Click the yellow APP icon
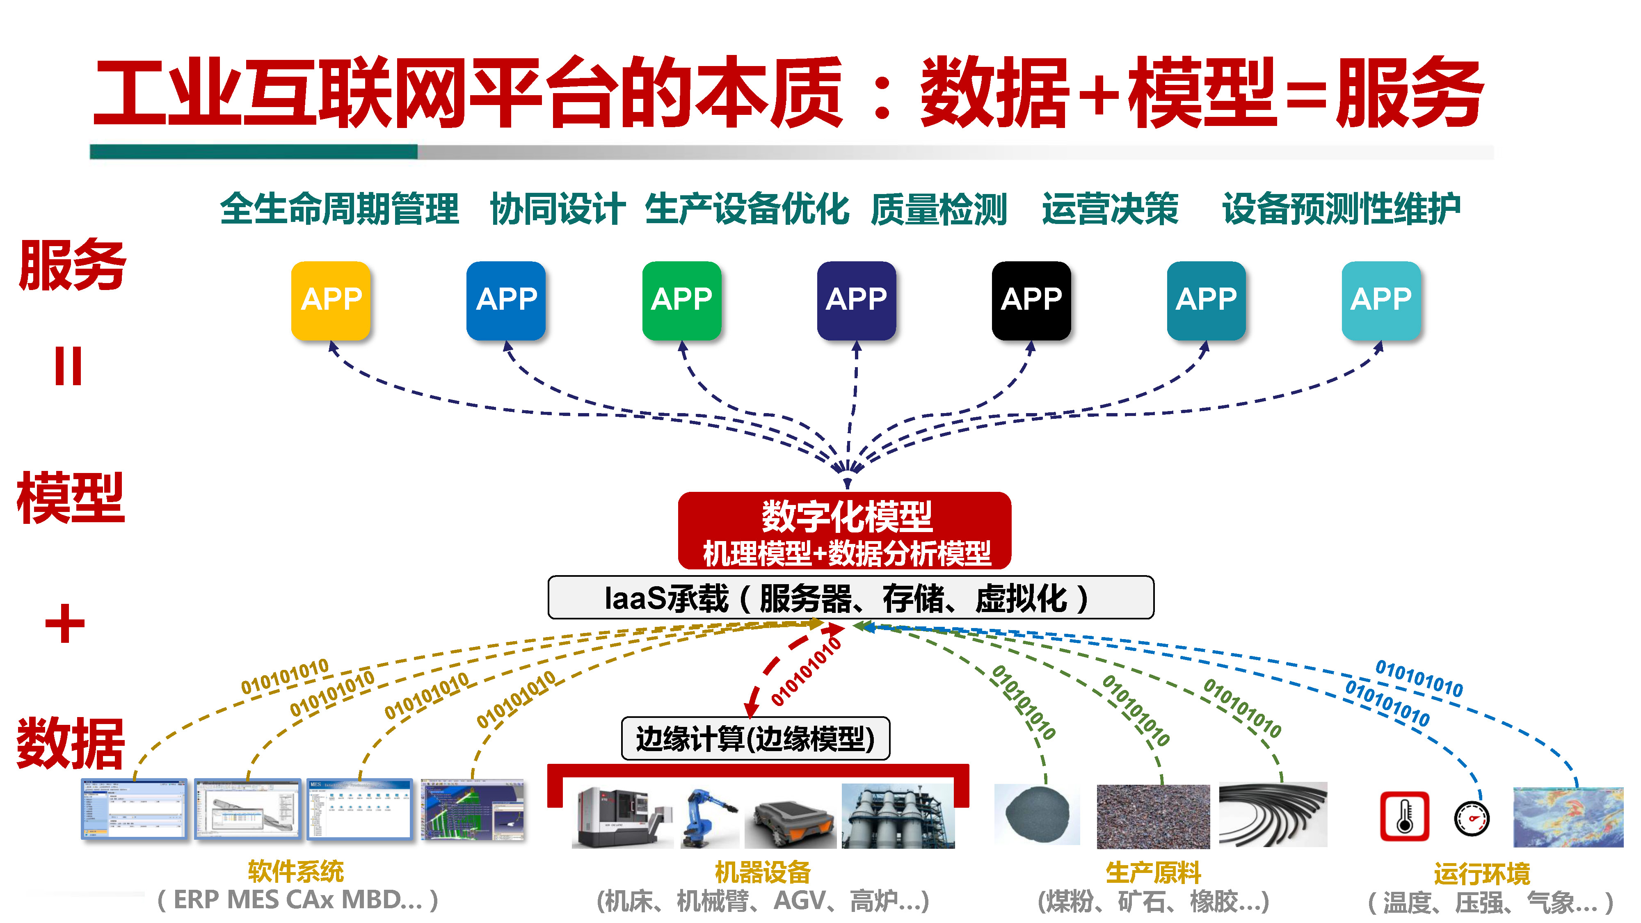pos(331,300)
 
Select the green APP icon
pos(681,300)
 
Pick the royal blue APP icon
pos(506,300)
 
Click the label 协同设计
pos(557,209)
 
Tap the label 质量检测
pos(938,209)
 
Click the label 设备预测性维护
pos(1341,209)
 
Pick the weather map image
pos(1567,817)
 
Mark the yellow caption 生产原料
pos(1153,873)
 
